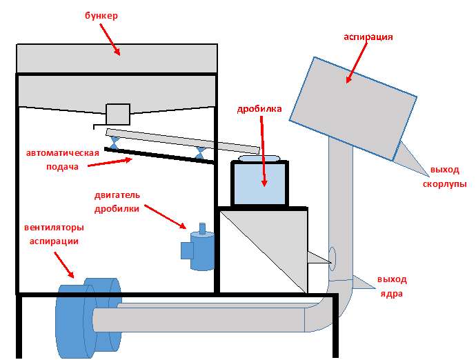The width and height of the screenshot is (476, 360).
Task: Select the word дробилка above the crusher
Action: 259,109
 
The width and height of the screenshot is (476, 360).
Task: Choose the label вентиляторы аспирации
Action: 53,234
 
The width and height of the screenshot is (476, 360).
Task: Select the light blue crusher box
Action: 259,184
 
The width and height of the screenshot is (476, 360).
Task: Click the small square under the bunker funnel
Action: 117,113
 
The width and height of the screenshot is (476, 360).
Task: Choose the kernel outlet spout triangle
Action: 361,283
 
